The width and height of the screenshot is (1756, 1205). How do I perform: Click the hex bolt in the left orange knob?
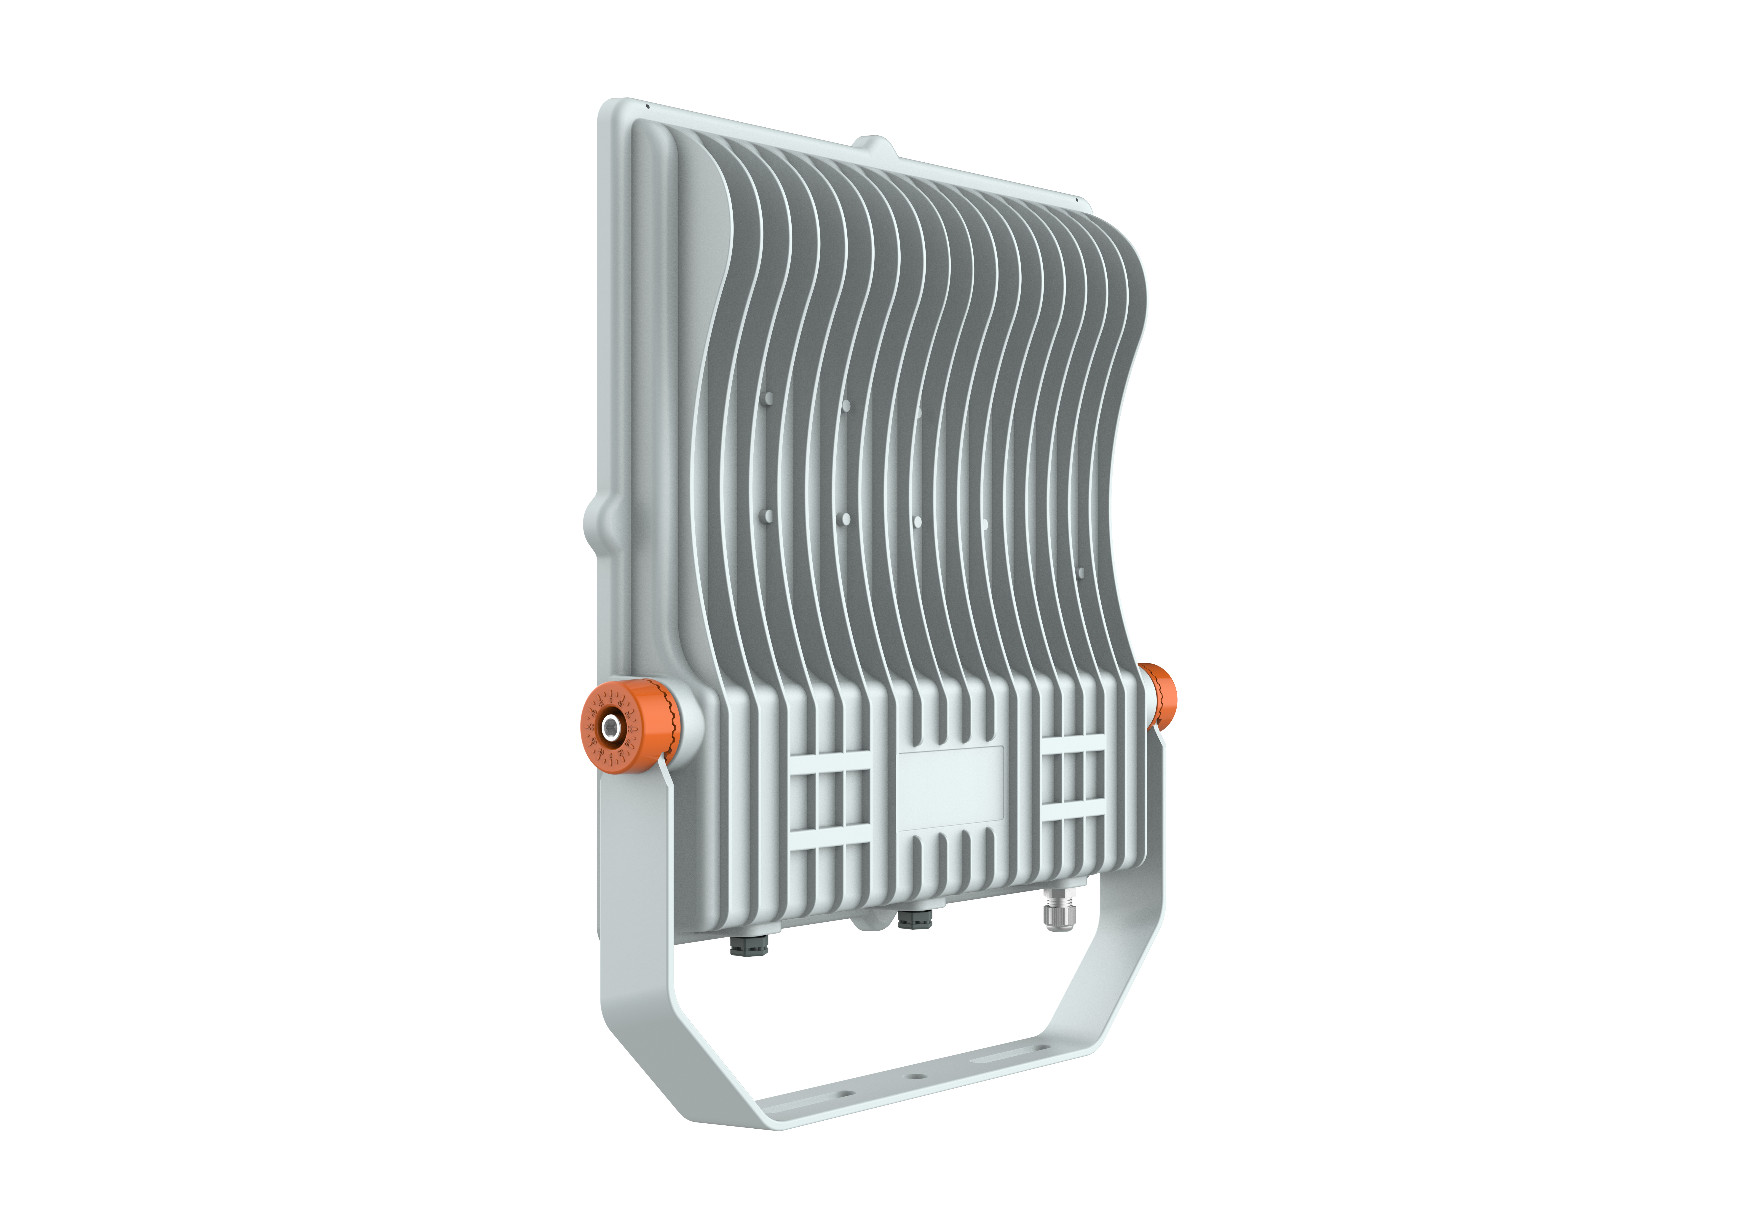609,728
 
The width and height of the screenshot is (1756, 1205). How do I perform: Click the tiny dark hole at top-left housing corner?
648,107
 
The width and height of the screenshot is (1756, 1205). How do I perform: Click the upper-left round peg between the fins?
768,398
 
